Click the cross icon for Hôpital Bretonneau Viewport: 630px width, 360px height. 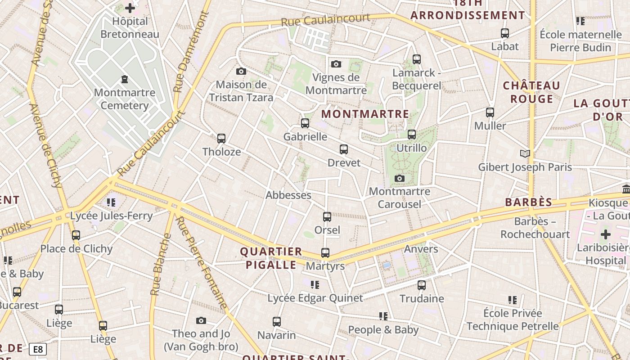[130, 8]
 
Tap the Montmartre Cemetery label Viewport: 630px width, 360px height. [125, 99]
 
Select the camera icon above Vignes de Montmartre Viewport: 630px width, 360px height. [336, 64]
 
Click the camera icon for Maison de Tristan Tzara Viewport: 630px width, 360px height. [241, 71]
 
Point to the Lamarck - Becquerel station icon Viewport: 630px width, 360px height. [417, 59]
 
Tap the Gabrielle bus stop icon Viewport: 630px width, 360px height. [305, 123]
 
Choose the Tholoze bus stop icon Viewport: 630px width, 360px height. [221, 138]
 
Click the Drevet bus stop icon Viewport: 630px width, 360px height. [344, 149]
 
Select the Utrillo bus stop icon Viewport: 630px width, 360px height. [412, 134]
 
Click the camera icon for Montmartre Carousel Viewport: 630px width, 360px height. [399, 179]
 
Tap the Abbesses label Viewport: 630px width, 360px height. [288, 195]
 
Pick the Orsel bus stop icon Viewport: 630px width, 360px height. [327, 216]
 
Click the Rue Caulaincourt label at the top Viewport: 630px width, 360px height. [325, 20]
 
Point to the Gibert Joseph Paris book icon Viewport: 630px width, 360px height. [525, 154]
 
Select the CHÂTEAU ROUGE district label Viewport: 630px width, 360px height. [531, 92]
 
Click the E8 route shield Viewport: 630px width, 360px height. [38, 349]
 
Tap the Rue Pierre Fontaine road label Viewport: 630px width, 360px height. [202, 263]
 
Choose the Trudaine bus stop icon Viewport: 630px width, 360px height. [422, 285]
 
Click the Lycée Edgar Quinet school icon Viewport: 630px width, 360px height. [315, 284]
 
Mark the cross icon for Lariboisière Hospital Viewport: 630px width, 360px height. [606, 234]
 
